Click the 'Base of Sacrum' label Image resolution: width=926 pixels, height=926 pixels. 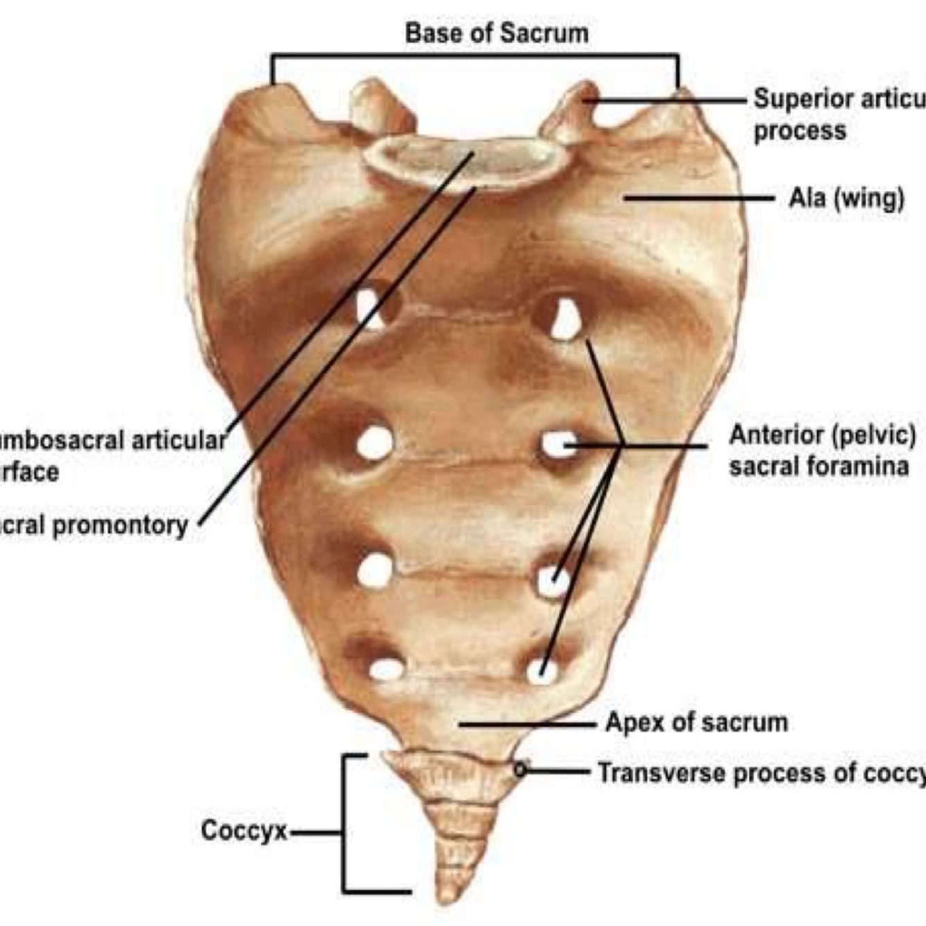pyautogui.click(x=496, y=33)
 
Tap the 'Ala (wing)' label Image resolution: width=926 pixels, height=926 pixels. pyautogui.click(x=846, y=199)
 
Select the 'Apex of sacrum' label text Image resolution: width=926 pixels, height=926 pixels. pyautogui.click(x=696, y=723)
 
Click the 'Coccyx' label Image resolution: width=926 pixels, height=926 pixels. pyautogui.click(x=244, y=831)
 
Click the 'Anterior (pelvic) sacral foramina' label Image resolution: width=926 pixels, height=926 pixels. pyautogui.click(x=822, y=450)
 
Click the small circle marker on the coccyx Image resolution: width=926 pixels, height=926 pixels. pyautogui.click(x=521, y=769)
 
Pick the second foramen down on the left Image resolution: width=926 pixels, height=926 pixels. pyautogui.click(x=375, y=443)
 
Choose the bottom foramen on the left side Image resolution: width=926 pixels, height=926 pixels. pyautogui.click(x=386, y=669)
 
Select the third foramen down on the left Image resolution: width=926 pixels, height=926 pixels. pyautogui.click(x=375, y=571)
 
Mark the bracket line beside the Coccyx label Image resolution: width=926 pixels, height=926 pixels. pyautogui.click(x=344, y=823)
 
